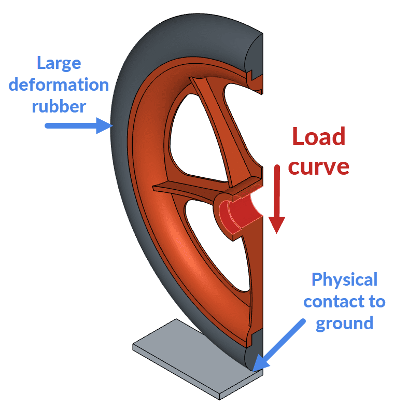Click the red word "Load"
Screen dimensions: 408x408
(x=318, y=137)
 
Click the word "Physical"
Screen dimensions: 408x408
(x=344, y=280)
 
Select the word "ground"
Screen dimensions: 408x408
(x=344, y=323)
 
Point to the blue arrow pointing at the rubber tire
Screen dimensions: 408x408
(x=78, y=125)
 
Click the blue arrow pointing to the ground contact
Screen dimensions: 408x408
(x=283, y=344)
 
